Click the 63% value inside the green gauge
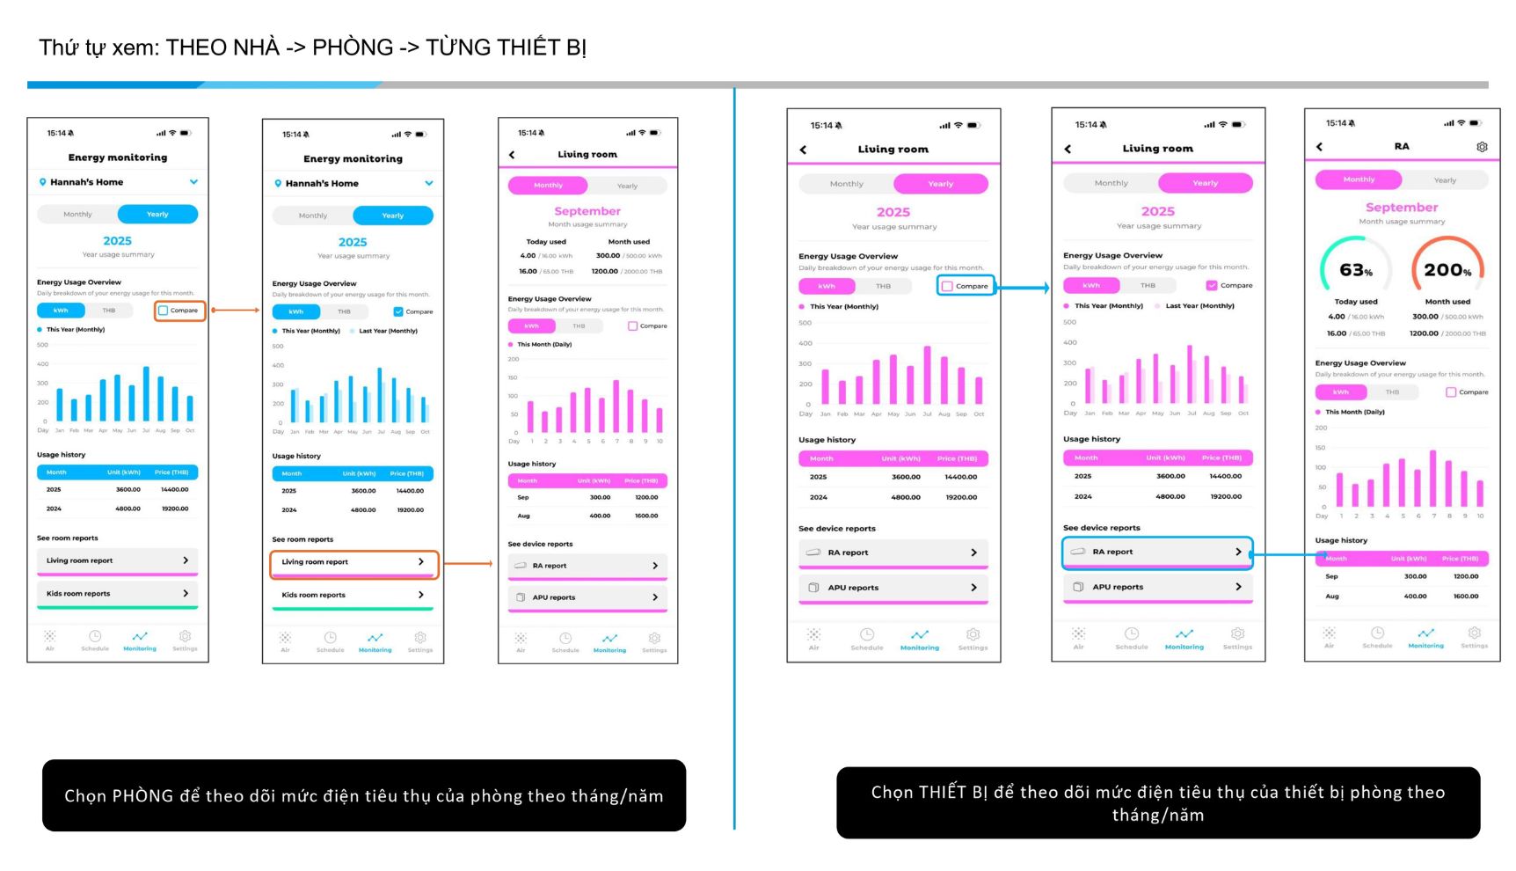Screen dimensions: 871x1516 point(1355,270)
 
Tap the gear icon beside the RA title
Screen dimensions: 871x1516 point(1482,147)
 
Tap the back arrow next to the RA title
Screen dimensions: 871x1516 point(1319,147)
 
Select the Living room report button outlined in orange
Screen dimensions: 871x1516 point(353,562)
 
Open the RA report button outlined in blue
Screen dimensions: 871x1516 point(1157,552)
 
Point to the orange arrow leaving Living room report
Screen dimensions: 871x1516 point(467,563)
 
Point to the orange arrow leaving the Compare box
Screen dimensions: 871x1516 point(235,311)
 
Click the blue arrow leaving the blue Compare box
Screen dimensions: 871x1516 point(1023,288)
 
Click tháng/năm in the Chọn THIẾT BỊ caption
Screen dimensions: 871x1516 point(1157,816)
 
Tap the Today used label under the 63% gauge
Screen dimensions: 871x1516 point(1356,302)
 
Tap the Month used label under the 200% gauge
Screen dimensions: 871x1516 point(1447,302)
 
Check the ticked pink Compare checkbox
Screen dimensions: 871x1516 point(1212,285)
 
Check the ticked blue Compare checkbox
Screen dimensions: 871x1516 point(398,311)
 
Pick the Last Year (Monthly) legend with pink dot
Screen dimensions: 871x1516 point(1199,306)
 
